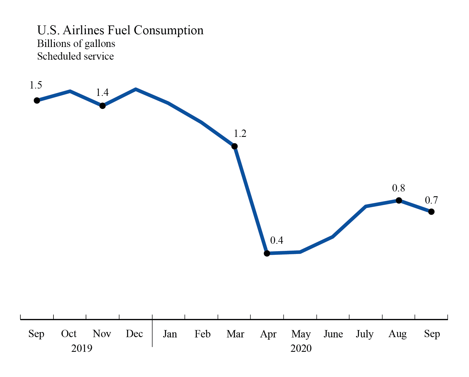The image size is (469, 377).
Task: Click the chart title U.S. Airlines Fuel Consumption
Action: pyautogui.click(x=120, y=30)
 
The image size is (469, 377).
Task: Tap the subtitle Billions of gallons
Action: pyautogui.click(x=76, y=44)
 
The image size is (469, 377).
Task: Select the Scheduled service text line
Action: pyautogui.click(x=75, y=56)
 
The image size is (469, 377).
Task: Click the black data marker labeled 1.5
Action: pyautogui.click(x=37, y=100)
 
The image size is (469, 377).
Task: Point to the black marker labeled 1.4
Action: pyautogui.click(x=103, y=106)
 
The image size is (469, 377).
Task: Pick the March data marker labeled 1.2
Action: pyautogui.click(x=234, y=146)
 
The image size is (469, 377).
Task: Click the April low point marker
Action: pyautogui.click(x=267, y=253)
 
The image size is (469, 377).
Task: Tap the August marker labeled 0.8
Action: pyautogui.click(x=399, y=200)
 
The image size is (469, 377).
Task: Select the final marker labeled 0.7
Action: pyautogui.click(x=431, y=212)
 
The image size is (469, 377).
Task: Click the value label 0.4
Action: pyautogui.click(x=277, y=240)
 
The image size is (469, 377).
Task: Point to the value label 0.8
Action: pyautogui.click(x=398, y=188)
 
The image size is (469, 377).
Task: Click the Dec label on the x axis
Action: pyautogui.click(x=134, y=334)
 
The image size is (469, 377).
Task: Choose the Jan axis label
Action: pyautogui.click(x=170, y=334)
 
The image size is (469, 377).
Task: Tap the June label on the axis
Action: pyautogui.click(x=333, y=334)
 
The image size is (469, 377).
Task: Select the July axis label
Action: pyautogui.click(x=365, y=334)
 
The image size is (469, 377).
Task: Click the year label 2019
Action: pyautogui.click(x=82, y=348)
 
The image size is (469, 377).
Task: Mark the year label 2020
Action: pyautogui.click(x=301, y=348)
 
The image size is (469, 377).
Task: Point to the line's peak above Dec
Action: pyautogui.click(x=136, y=89)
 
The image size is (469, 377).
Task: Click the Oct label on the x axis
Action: pyautogui.click(x=69, y=334)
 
